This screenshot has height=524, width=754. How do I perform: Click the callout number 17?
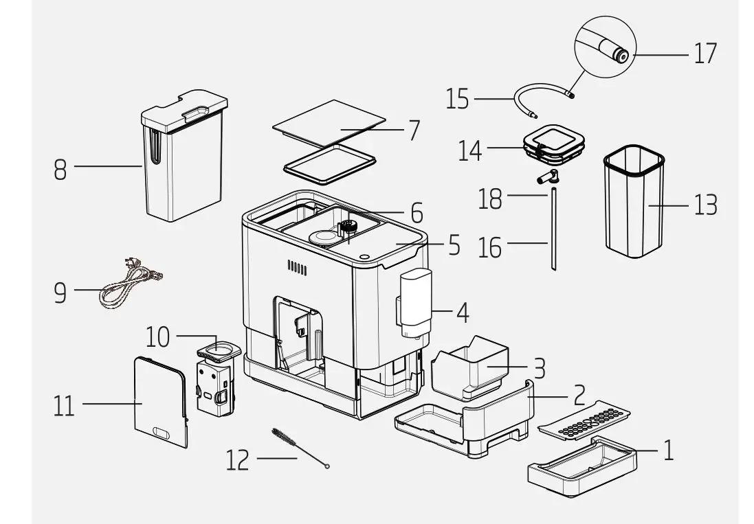tap(705, 53)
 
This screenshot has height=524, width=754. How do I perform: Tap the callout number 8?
tap(60, 169)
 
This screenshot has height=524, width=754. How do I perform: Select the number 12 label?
tap(237, 460)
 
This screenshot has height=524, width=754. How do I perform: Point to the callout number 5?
tap(454, 245)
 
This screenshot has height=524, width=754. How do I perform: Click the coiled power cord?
tap(131, 282)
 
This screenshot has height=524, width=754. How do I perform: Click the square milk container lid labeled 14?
tap(554, 145)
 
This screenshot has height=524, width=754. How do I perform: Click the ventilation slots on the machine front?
tap(296, 267)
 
